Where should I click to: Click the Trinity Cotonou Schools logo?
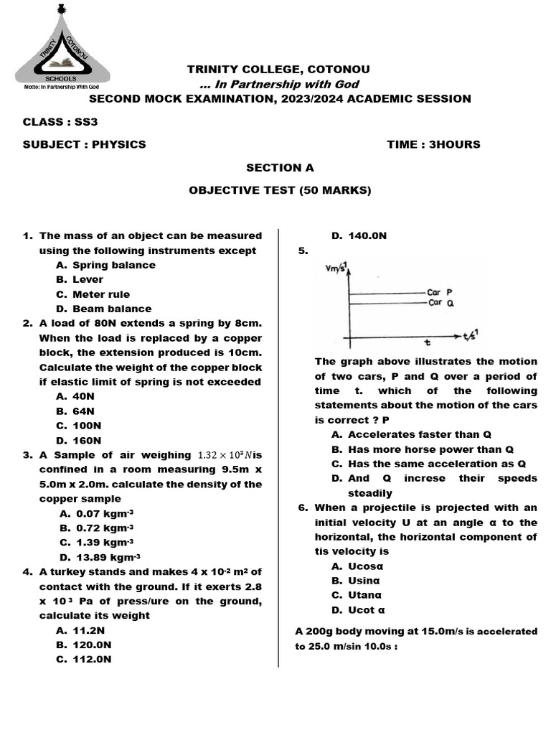click(62, 47)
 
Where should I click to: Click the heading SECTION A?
click(280, 167)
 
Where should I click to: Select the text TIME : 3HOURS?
click(433, 144)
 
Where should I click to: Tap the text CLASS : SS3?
click(60, 121)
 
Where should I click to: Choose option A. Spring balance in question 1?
click(105, 265)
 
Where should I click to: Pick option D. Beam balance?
click(103, 309)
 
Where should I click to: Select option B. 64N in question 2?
click(75, 411)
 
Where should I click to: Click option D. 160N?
click(78, 441)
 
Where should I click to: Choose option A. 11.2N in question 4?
click(80, 630)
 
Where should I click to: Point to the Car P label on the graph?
click(440, 293)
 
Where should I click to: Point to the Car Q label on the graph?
click(440, 303)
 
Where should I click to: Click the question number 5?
click(302, 251)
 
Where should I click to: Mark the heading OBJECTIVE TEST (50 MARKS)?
click(280, 190)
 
